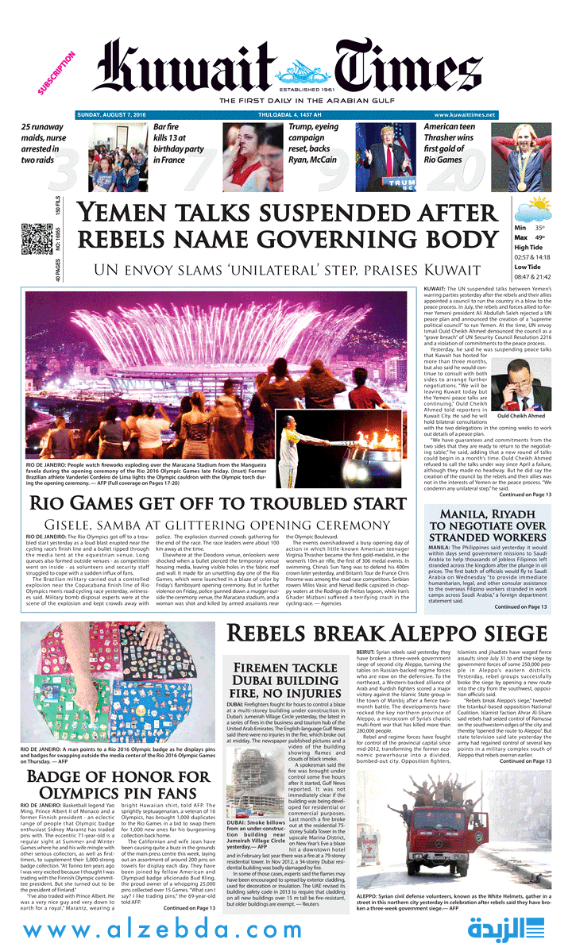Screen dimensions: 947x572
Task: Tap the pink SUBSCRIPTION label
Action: (x=56, y=74)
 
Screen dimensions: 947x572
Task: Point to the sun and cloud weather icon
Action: (x=531, y=211)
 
